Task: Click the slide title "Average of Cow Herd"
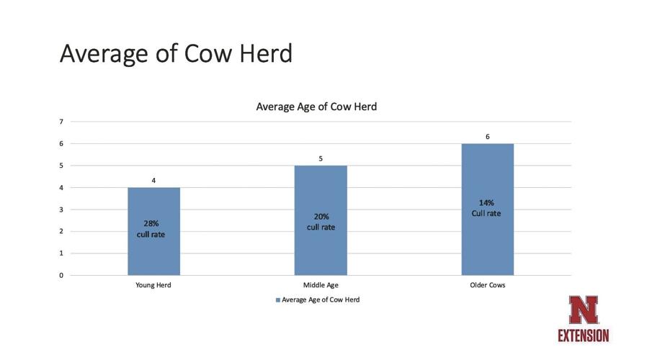coord(176,53)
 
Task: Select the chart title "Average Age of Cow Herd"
coord(316,107)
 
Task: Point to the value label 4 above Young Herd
coord(153,180)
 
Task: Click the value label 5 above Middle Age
coord(321,158)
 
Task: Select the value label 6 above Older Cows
coord(488,136)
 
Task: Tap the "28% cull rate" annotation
coord(151,229)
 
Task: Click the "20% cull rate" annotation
coord(321,222)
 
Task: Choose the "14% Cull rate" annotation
coord(486,208)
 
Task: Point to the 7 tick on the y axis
coord(61,122)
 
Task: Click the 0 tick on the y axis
coord(61,275)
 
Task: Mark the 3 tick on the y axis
coord(61,210)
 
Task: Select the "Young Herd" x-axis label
coord(153,285)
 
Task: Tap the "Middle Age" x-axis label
coord(321,285)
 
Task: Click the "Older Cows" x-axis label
coord(488,285)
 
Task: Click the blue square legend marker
coord(277,300)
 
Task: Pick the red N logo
coord(582,310)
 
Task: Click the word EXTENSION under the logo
coord(583,336)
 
